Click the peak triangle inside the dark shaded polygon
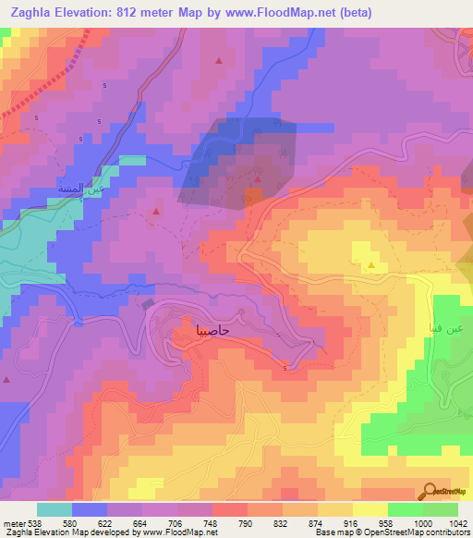[259, 178]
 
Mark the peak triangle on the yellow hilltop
[371, 266]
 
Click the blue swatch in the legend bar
[89, 508]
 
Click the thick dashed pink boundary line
[55, 77]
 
